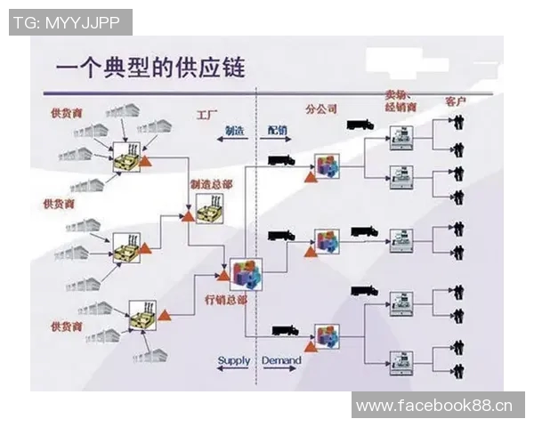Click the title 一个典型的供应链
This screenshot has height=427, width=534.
click(x=150, y=67)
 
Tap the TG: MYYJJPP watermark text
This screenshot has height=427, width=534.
click(x=69, y=22)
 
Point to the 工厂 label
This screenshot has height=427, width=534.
click(x=207, y=116)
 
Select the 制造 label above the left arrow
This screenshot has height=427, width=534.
click(x=235, y=130)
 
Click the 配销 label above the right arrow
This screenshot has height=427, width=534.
click(x=278, y=130)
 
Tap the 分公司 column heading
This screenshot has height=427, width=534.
click(x=320, y=109)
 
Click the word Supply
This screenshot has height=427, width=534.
click(x=234, y=360)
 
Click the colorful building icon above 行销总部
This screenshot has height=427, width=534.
click(x=246, y=273)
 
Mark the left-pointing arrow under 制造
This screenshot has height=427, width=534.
click(x=235, y=141)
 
